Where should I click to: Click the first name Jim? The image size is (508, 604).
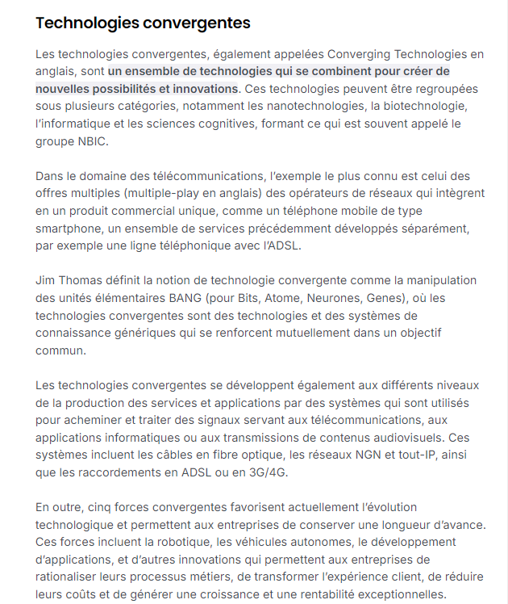tap(45, 280)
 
